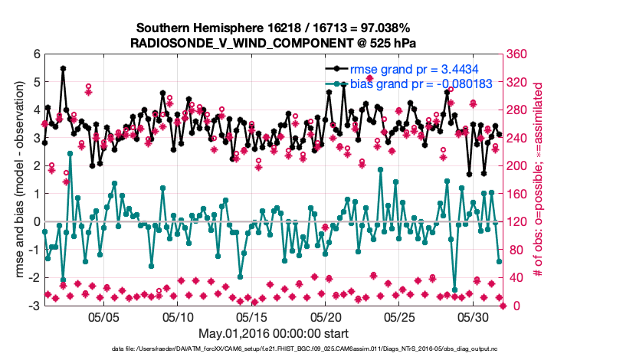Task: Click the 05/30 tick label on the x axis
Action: click(x=473, y=316)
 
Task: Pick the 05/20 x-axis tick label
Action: click(x=325, y=316)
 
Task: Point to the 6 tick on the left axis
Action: click(x=36, y=54)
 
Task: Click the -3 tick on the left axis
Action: click(x=34, y=306)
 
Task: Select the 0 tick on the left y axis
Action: click(x=36, y=222)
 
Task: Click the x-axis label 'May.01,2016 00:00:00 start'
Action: click(x=274, y=333)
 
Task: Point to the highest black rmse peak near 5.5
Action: click(x=63, y=68)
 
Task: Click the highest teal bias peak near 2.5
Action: click(x=70, y=153)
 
